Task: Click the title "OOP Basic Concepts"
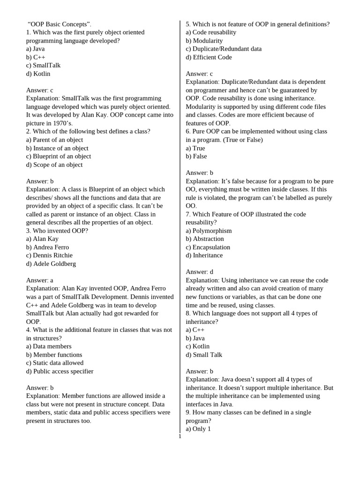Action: (60, 24)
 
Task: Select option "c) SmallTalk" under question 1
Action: (43, 65)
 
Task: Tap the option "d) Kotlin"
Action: (38, 74)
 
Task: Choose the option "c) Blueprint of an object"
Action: (59, 156)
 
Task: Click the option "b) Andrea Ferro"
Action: (47, 247)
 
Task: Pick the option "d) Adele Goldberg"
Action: (51, 263)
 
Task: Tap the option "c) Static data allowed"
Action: (55, 363)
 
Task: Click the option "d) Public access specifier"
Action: (60, 371)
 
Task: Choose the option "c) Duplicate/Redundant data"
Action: (224, 49)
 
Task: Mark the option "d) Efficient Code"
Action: (209, 57)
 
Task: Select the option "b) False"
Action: (196, 156)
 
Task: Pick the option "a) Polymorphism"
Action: (209, 231)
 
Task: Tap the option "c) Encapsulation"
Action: (208, 247)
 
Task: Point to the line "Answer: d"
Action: (199, 272)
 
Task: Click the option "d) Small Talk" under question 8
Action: (204, 355)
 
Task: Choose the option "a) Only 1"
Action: (198, 429)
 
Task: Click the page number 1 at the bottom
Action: (180, 436)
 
